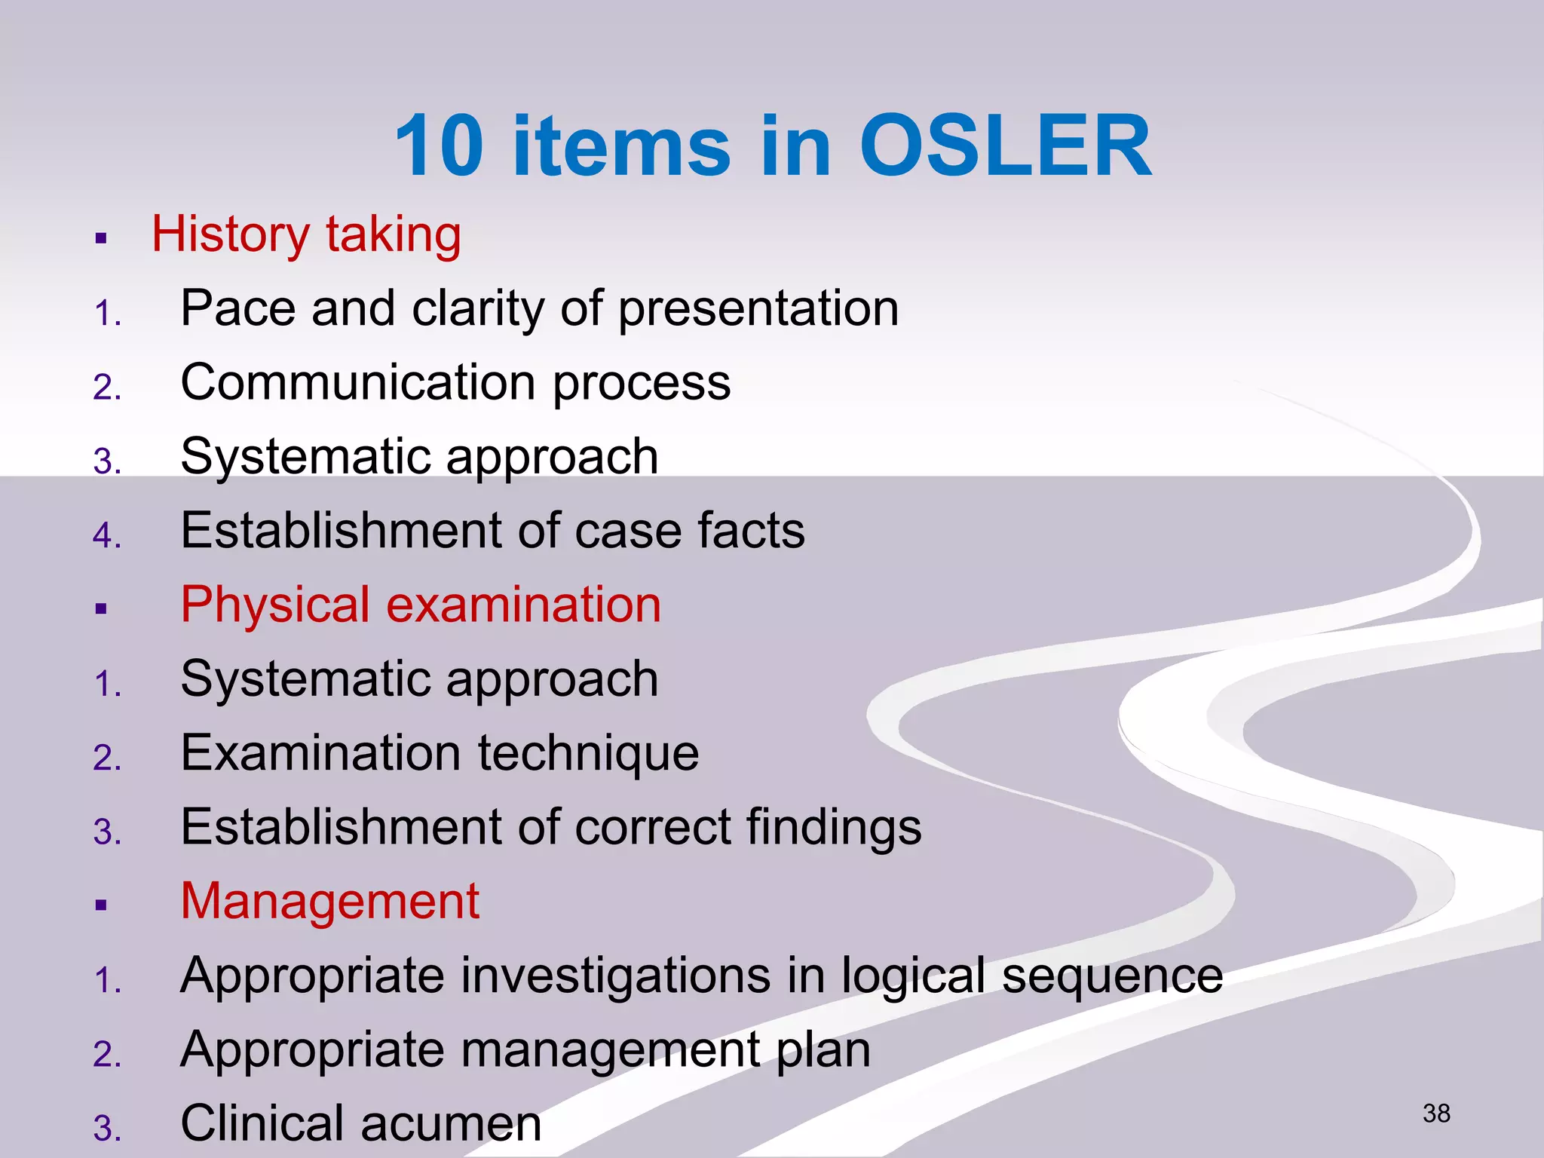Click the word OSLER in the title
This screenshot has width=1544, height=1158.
tap(1005, 146)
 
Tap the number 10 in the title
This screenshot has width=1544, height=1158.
tap(440, 146)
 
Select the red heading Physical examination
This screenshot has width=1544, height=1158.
tap(421, 605)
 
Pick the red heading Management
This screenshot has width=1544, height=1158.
tap(329, 901)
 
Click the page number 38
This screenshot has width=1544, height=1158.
tap(1436, 1114)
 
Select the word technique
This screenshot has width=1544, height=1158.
tap(588, 753)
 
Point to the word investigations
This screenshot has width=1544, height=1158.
tap(615, 976)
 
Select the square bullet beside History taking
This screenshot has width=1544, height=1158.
tap(101, 240)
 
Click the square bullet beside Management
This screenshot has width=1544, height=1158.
tap(101, 905)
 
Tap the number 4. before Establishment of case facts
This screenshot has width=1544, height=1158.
tap(107, 535)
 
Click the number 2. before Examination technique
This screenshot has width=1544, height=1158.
tap(107, 758)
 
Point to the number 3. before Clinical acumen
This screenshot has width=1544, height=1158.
tap(107, 1129)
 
